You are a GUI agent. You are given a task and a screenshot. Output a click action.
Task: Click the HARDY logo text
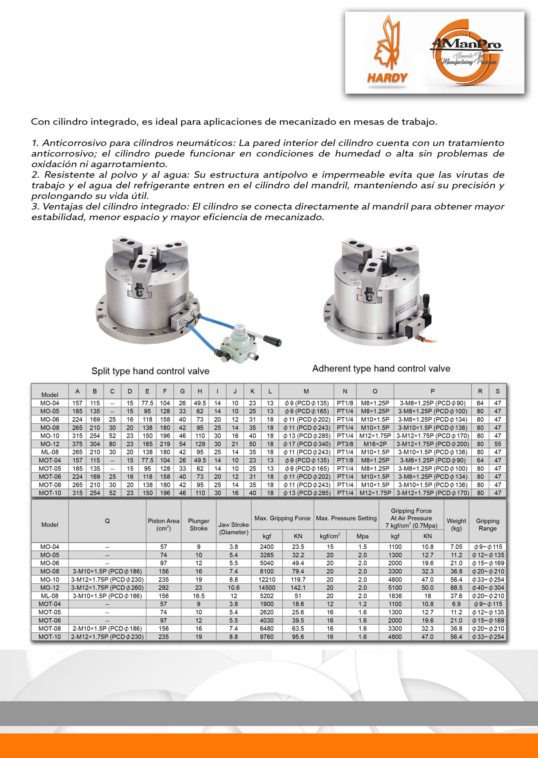(x=387, y=77)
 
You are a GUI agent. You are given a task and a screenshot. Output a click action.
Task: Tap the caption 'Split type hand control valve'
(x=150, y=371)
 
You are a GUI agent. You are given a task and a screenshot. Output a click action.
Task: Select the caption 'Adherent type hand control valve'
(x=381, y=368)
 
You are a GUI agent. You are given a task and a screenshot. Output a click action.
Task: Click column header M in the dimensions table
(x=306, y=391)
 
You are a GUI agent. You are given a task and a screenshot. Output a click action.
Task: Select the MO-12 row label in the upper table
(x=50, y=444)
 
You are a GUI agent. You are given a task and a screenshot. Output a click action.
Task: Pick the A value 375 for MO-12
(x=77, y=444)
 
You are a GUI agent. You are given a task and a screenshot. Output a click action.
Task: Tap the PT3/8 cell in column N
(x=345, y=444)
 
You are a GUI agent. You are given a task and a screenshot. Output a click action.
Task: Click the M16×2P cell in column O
(x=375, y=444)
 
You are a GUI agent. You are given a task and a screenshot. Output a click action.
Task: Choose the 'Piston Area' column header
(x=164, y=524)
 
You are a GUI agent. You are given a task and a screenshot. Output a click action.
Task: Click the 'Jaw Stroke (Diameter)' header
(x=233, y=528)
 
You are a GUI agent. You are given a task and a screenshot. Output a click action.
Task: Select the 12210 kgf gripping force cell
(x=267, y=580)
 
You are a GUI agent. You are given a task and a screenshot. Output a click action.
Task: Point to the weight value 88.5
(x=456, y=588)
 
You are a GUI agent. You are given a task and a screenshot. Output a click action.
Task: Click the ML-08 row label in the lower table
(x=50, y=596)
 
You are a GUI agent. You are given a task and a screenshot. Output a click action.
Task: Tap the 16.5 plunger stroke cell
(x=198, y=596)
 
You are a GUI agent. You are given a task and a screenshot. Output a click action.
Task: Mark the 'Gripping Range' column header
(x=487, y=524)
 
